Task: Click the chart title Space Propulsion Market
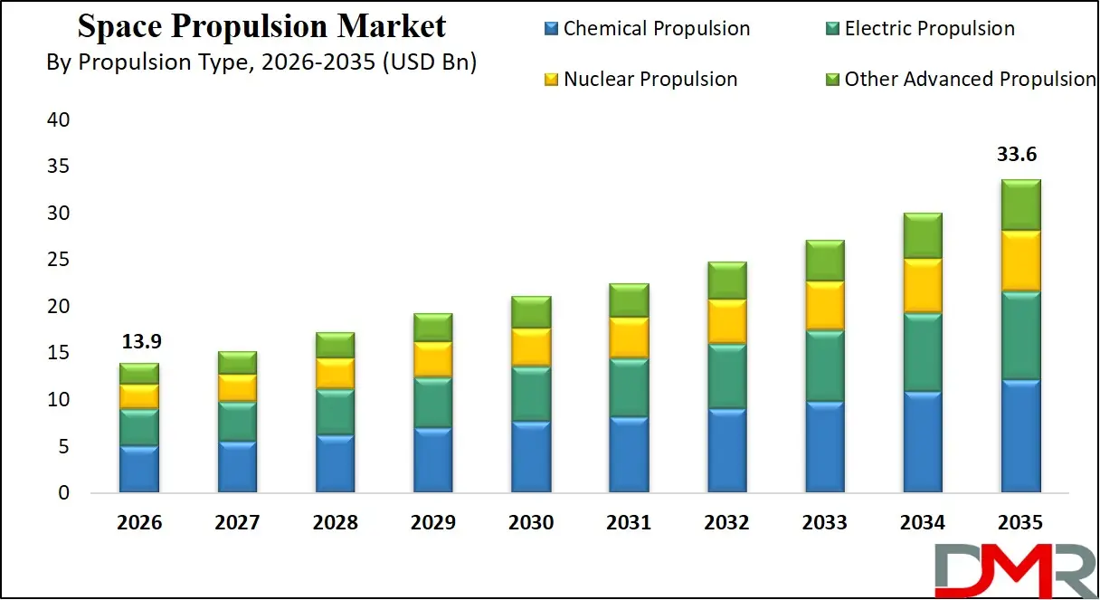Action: point(261,26)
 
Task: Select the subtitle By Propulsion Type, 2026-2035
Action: point(261,62)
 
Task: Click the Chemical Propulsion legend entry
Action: point(647,29)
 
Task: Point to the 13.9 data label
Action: point(139,342)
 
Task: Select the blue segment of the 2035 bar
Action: point(1020,436)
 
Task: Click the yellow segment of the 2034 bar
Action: point(923,285)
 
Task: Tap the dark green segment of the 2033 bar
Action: point(824,366)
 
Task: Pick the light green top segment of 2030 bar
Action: point(531,311)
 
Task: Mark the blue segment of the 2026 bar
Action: point(139,469)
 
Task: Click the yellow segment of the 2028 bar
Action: point(335,373)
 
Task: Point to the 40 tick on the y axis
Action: point(57,119)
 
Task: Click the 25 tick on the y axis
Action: point(57,260)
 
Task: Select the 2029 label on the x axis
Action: point(432,523)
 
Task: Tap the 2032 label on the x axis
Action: point(726,523)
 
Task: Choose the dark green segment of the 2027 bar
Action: point(237,421)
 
